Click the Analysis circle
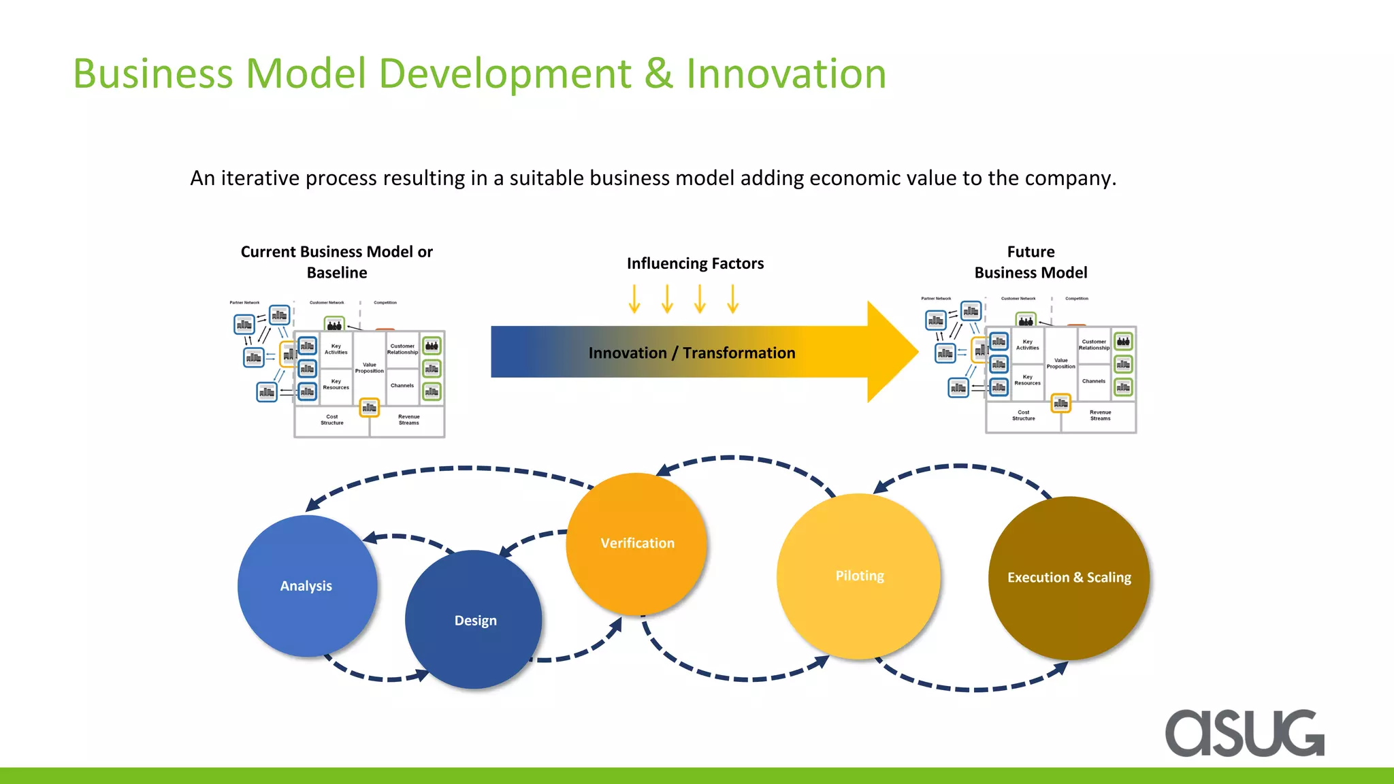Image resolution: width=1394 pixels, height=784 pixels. [x=306, y=586]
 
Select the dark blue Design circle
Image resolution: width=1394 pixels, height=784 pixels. [x=474, y=620]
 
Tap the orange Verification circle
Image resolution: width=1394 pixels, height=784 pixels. [x=637, y=543]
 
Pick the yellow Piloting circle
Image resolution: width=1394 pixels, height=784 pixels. [x=859, y=576]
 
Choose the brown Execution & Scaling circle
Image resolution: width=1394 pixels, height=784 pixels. [x=1069, y=578]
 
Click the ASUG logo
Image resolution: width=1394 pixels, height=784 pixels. [x=1244, y=734]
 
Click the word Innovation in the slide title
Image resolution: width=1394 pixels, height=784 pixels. [x=785, y=73]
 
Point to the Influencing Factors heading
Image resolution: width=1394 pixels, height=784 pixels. [x=695, y=263]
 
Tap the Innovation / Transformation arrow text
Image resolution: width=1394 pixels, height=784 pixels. [x=692, y=353]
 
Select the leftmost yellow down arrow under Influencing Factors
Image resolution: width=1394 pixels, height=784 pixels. [x=634, y=299]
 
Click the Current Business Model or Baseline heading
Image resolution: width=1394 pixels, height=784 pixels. [x=336, y=262]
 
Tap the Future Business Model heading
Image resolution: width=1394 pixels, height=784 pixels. [x=1031, y=262]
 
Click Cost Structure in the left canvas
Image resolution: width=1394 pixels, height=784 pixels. [x=332, y=420]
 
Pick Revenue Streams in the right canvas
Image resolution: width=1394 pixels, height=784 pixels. [x=1100, y=415]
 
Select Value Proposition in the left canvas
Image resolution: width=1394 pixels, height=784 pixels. [x=370, y=368]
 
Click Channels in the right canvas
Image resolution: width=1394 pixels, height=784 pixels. [x=1094, y=381]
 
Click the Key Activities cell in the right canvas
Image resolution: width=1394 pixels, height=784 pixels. [x=1027, y=345]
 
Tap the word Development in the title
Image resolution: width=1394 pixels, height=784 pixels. [x=504, y=73]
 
